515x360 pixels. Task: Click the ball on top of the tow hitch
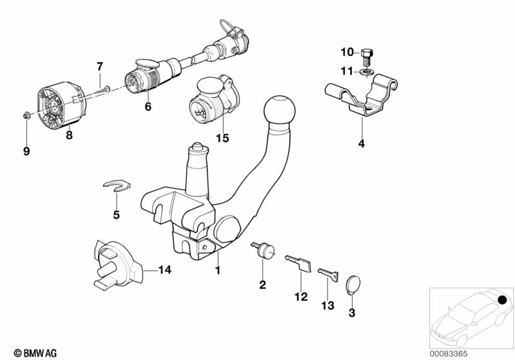coord(279,111)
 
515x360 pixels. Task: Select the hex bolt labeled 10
coord(367,58)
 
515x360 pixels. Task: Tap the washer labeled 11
coord(367,71)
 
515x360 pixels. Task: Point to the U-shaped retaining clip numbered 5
coord(117,185)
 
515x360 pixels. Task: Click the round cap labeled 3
coord(353,284)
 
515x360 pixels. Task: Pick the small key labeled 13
coord(328,274)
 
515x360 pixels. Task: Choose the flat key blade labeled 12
coord(298,263)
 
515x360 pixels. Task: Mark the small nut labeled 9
coord(26,115)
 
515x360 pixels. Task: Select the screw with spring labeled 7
coord(100,90)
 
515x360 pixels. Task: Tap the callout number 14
coord(164,270)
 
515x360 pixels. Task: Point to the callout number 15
coord(222,138)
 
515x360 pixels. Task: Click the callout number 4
coord(362,144)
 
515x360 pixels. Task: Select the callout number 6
coord(148,107)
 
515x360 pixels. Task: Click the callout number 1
coord(217,270)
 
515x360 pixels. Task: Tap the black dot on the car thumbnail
coord(502,299)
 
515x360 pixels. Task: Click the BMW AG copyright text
coord(35,353)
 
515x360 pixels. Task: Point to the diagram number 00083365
coord(449,354)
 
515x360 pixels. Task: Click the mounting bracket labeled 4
coord(362,95)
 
